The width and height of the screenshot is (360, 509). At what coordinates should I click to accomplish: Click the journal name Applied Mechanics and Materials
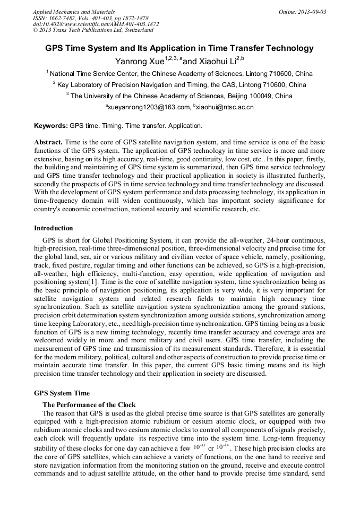[x=73, y=12]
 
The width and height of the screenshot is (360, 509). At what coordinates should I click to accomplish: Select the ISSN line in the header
[x=90, y=18]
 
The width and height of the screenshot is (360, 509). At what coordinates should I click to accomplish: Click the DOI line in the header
[x=96, y=24]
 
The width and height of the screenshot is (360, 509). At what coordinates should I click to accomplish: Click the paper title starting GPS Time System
[x=179, y=48]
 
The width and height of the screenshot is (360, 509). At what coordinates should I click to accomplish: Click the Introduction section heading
[x=54, y=228]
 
